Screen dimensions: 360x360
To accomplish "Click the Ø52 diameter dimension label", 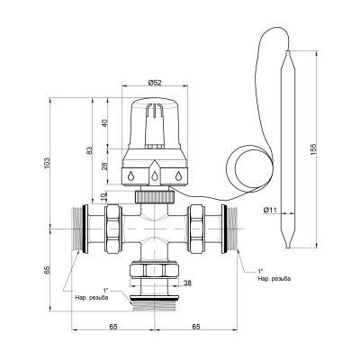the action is click(155, 82).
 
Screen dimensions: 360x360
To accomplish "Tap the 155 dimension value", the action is click(312, 150).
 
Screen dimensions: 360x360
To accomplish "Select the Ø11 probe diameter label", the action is click(270, 210).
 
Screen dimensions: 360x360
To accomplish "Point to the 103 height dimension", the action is click(47, 163).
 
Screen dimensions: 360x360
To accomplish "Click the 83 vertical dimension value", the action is click(89, 150).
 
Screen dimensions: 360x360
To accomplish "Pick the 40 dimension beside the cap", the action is click(104, 123).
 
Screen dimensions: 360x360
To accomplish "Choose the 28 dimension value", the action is click(104, 166).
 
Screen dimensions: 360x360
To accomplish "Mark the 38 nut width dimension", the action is click(187, 283).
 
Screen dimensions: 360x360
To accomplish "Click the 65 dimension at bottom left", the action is click(112, 327).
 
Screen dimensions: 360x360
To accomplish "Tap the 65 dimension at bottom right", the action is click(195, 327).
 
